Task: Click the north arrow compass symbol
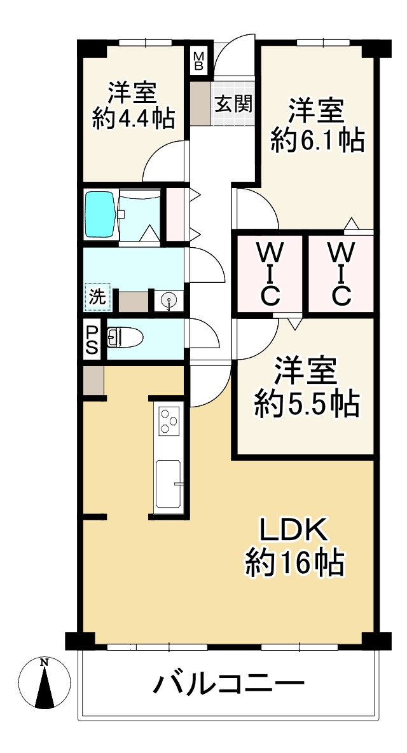coord(45,683)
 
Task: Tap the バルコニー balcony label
coord(228,685)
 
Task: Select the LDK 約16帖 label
coord(294,546)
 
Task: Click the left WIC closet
coord(269,274)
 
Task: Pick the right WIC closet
coord(340,274)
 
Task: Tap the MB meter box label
coord(199,61)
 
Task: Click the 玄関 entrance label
coord(233,103)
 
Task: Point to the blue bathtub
coord(100,214)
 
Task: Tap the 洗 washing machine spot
coord(95,296)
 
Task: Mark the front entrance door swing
coord(234,54)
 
